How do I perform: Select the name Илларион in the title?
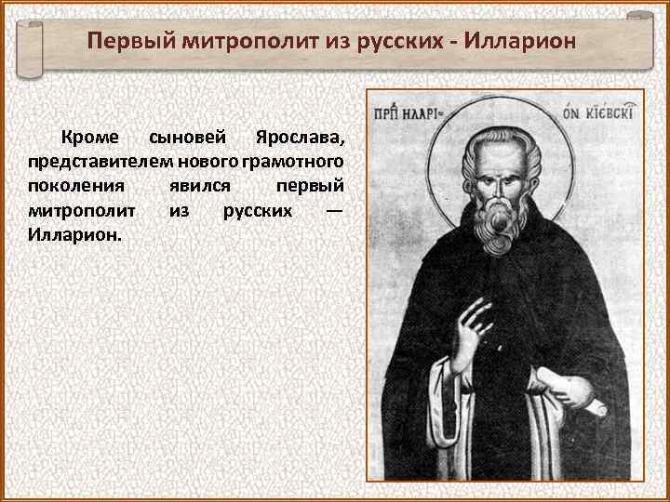520,42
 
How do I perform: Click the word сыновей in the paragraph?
187,139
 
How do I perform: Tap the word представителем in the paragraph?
87,163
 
